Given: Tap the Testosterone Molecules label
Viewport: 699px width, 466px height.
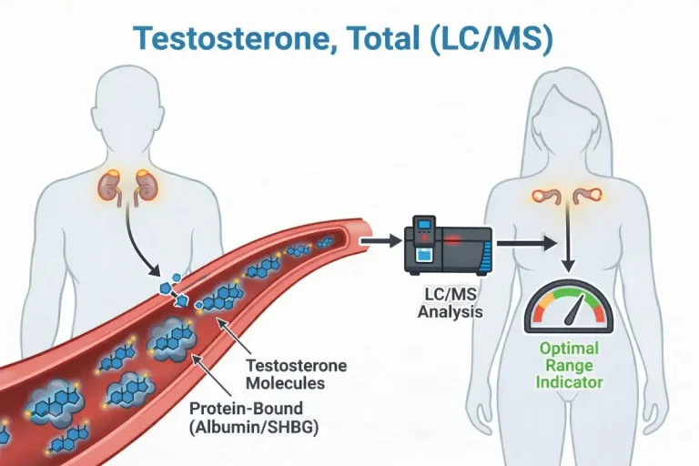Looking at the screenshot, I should tap(297, 374).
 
